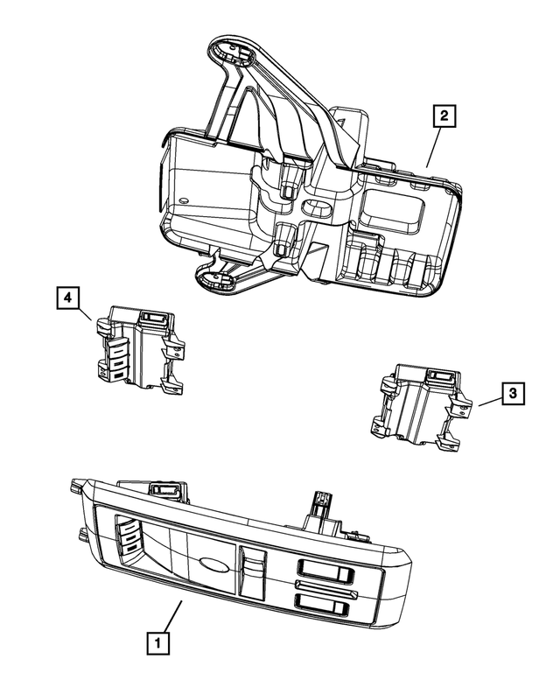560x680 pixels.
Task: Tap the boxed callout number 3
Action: [x=514, y=395]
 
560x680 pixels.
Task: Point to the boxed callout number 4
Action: [x=66, y=299]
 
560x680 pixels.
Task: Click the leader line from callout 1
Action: [x=170, y=617]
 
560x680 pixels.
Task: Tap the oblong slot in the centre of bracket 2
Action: [x=315, y=209]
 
